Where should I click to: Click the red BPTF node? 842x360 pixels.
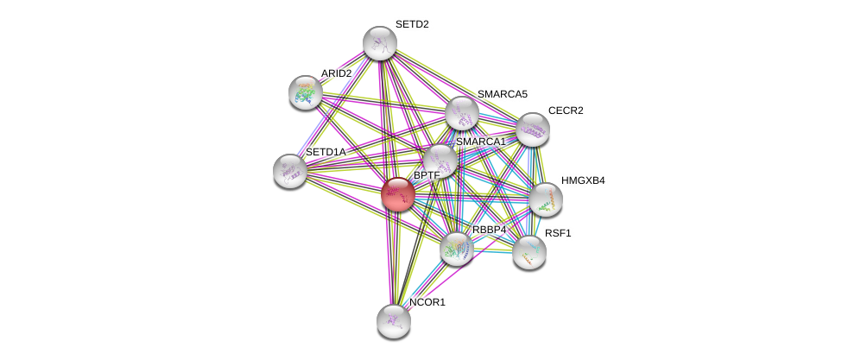tap(397, 194)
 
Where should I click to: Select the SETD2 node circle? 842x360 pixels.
tap(379, 43)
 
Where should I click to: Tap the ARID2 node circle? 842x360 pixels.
tap(305, 92)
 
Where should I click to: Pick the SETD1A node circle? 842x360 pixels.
tap(289, 170)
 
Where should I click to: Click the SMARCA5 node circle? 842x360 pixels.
tap(462, 112)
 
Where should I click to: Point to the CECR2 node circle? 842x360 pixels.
tap(532, 129)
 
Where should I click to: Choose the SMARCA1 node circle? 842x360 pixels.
tap(440, 160)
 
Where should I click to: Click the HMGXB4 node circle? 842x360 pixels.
tap(545, 199)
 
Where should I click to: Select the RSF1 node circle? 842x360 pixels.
tap(529, 252)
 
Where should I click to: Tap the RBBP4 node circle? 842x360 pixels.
tap(456, 249)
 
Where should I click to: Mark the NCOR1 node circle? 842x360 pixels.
tap(393, 320)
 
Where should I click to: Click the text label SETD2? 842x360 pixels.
tap(412, 24)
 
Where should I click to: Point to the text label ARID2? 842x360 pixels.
tap(336, 73)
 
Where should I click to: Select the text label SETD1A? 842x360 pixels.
tap(325, 152)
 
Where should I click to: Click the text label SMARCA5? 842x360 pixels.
tap(502, 93)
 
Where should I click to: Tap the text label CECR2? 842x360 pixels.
tap(566, 111)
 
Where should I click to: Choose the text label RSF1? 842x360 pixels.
tap(557, 233)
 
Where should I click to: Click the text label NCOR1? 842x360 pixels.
tap(427, 302)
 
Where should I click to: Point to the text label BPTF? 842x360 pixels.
tap(427, 175)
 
